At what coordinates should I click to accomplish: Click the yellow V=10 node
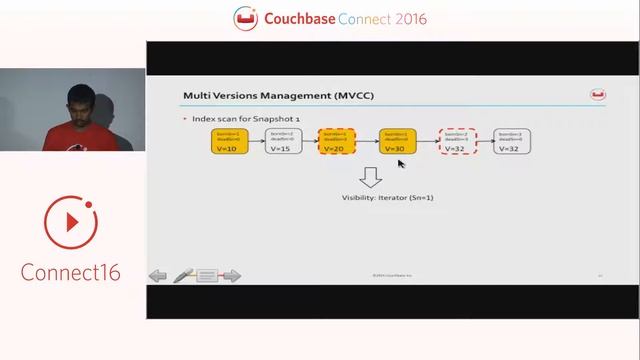(226, 141)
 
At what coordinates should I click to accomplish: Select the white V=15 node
(280, 141)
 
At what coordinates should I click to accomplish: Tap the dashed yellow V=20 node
(336, 141)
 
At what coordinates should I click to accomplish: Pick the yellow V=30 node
(398, 141)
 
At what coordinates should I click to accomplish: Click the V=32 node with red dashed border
(455, 141)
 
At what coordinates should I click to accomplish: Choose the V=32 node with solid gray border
(511, 141)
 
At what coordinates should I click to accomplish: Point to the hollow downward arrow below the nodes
(371, 177)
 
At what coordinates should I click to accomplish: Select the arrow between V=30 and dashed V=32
(427, 141)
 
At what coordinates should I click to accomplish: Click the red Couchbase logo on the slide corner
(598, 96)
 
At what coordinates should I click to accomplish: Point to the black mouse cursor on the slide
(402, 164)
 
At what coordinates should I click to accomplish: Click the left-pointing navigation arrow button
(158, 276)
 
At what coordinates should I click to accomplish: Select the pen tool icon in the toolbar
(183, 275)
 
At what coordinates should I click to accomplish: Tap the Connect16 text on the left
(71, 271)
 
